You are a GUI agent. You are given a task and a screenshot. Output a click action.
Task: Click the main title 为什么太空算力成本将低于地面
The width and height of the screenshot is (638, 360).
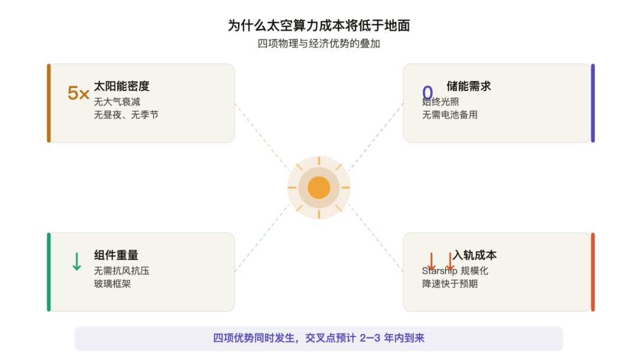point(318,25)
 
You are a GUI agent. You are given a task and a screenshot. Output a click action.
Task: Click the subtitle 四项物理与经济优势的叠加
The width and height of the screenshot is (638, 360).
point(318,44)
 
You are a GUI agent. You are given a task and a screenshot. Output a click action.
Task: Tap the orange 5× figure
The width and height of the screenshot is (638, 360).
point(79,93)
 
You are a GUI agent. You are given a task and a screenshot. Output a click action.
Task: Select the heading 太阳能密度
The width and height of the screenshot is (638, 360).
point(122,86)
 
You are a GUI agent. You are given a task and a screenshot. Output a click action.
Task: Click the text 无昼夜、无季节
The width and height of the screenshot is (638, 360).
point(126,115)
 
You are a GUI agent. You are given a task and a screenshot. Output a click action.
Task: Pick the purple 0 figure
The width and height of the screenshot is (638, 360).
point(427,92)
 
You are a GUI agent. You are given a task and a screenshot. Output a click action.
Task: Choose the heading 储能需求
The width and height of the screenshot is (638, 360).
point(468,86)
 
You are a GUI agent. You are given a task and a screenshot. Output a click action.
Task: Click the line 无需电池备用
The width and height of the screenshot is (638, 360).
point(450,115)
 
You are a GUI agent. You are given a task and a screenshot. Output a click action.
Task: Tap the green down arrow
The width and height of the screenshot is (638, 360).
point(76,261)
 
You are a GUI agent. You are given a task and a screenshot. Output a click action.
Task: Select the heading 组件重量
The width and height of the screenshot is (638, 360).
point(116,255)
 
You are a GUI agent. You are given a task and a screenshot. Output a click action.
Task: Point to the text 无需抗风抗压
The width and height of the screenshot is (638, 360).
point(122,271)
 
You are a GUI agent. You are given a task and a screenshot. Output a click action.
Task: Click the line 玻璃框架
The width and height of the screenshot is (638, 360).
point(112,284)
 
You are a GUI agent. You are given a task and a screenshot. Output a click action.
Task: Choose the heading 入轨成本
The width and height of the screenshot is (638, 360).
point(474,255)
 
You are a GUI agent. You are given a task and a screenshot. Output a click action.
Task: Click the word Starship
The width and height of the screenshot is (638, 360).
point(439,271)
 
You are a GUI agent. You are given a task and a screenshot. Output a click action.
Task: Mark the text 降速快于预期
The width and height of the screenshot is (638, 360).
point(450,284)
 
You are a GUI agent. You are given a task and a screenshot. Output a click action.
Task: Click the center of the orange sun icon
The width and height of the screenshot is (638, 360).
point(319,188)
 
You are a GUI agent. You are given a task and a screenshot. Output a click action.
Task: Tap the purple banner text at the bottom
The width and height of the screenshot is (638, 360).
point(318,339)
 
